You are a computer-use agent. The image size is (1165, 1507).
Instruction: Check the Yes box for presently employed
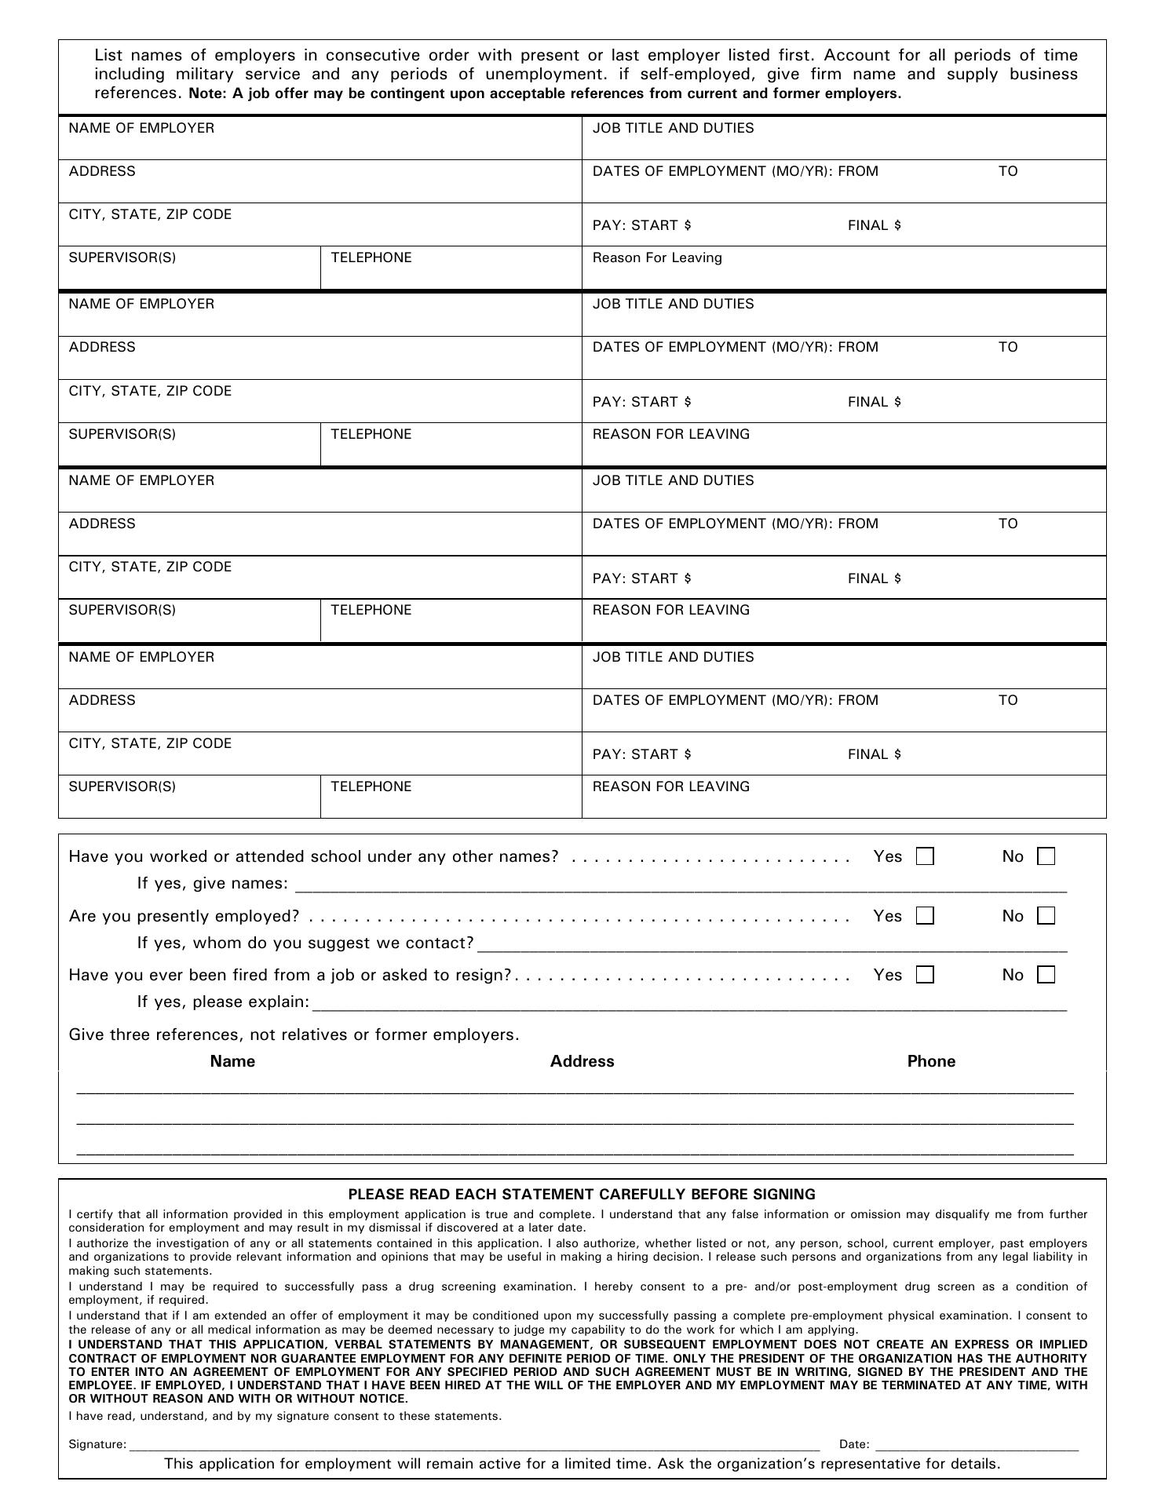926,916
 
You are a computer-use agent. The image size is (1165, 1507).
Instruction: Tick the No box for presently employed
1046,916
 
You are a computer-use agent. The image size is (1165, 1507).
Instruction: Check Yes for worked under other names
926,856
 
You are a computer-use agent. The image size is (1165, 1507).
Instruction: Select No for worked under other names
1046,856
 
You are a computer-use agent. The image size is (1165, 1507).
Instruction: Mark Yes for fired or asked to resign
926,975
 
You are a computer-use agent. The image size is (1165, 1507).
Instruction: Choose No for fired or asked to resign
1046,975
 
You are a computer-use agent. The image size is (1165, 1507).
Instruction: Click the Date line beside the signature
977,1443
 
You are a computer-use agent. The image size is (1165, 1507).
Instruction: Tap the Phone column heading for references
931,1061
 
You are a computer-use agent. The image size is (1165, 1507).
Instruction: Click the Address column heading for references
582,1061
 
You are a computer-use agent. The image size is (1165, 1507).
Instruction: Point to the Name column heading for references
232,1061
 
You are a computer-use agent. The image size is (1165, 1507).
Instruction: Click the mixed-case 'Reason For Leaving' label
657,258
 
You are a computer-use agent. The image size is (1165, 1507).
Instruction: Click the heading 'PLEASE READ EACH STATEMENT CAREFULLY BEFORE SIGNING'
582,1195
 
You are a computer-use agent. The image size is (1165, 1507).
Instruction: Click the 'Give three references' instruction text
294,1034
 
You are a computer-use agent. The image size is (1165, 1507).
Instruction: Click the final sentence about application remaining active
582,1464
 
